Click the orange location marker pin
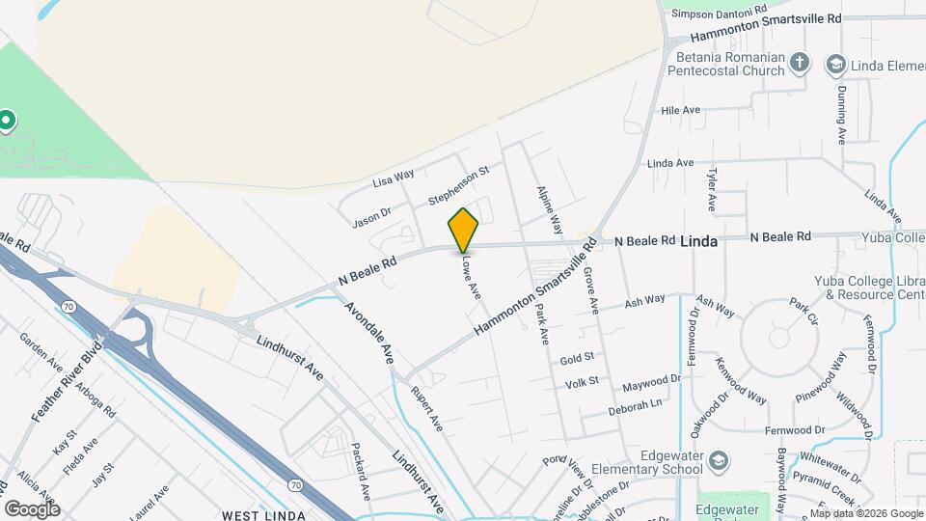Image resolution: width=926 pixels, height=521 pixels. [x=463, y=230]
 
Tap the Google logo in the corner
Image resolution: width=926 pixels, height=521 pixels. [x=32, y=508]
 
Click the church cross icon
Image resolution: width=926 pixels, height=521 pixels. [x=799, y=64]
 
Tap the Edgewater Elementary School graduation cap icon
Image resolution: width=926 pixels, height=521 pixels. [x=718, y=461]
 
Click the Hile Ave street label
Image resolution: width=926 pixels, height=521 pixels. [x=680, y=111]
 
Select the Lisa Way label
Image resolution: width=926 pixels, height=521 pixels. [x=394, y=178]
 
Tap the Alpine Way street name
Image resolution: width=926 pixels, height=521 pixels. [x=550, y=210]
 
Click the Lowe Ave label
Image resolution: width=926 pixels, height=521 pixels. [x=470, y=276]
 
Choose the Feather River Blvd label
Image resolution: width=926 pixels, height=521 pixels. [x=66, y=385]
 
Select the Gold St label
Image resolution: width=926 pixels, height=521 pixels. [x=575, y=360]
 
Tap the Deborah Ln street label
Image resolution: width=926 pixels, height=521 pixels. [x=636, y=408]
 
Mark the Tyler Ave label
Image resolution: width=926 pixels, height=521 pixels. [x=712, y=190]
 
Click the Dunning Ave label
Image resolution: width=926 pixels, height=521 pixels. [x=842, y=115]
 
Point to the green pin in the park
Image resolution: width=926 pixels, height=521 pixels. [x=7, y=121]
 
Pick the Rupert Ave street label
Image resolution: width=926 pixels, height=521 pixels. [x=426, y=410]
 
